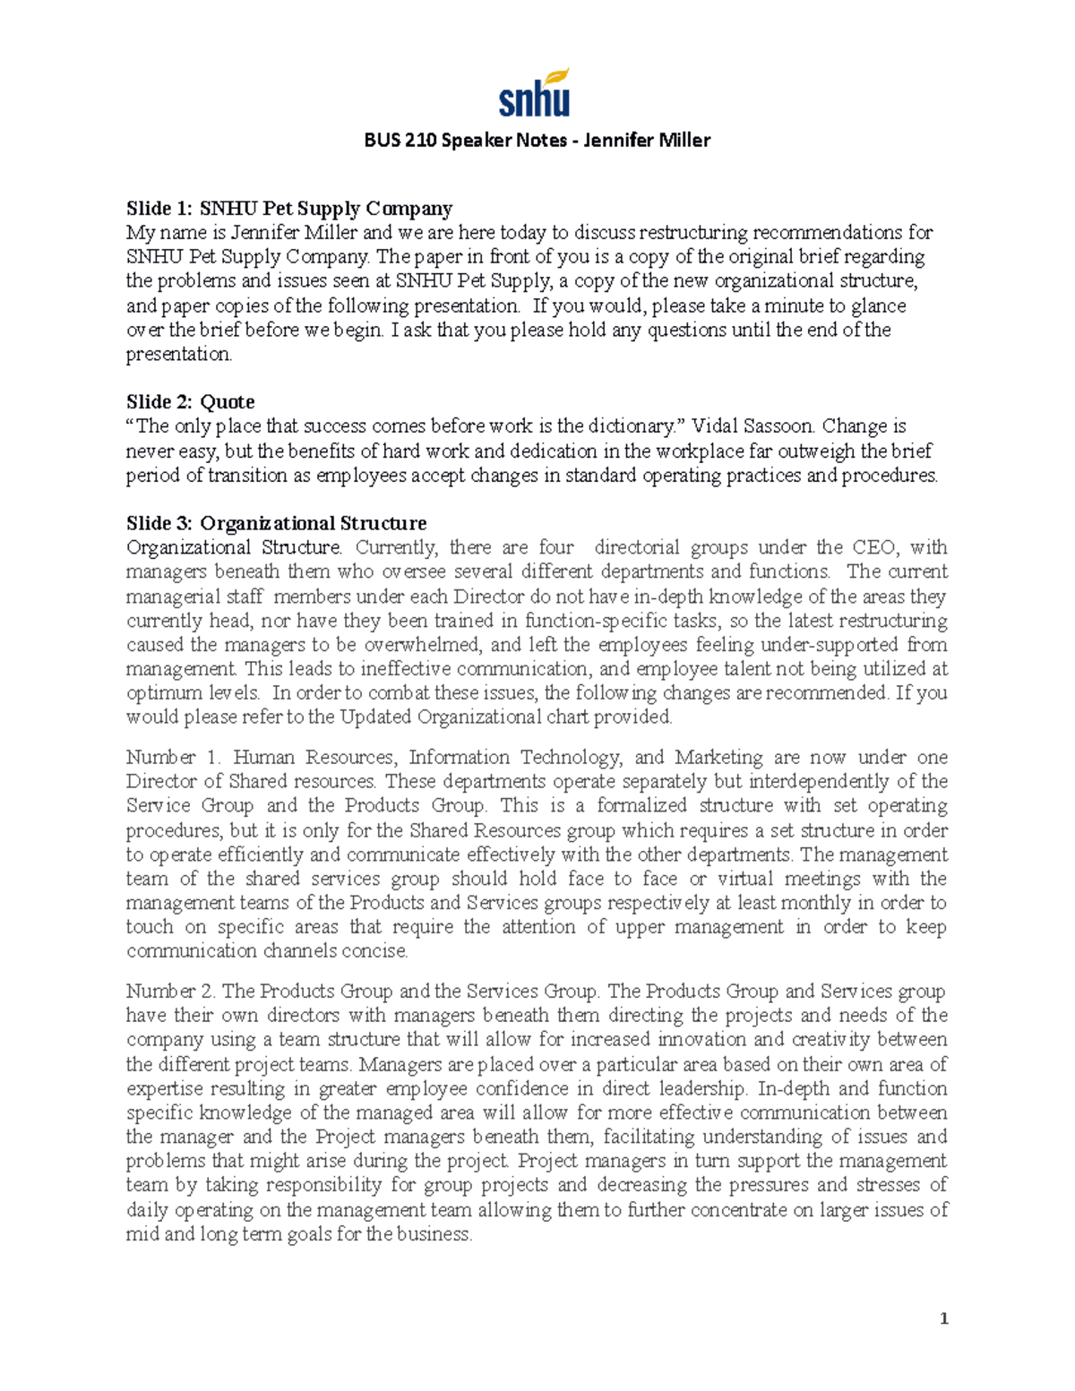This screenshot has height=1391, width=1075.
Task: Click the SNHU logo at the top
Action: [535, 92]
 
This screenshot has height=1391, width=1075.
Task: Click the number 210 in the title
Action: [418, 140]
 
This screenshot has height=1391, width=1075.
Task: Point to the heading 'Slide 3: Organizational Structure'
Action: [276, 523]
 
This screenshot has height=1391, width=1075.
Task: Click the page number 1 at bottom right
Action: [943, 1318]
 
